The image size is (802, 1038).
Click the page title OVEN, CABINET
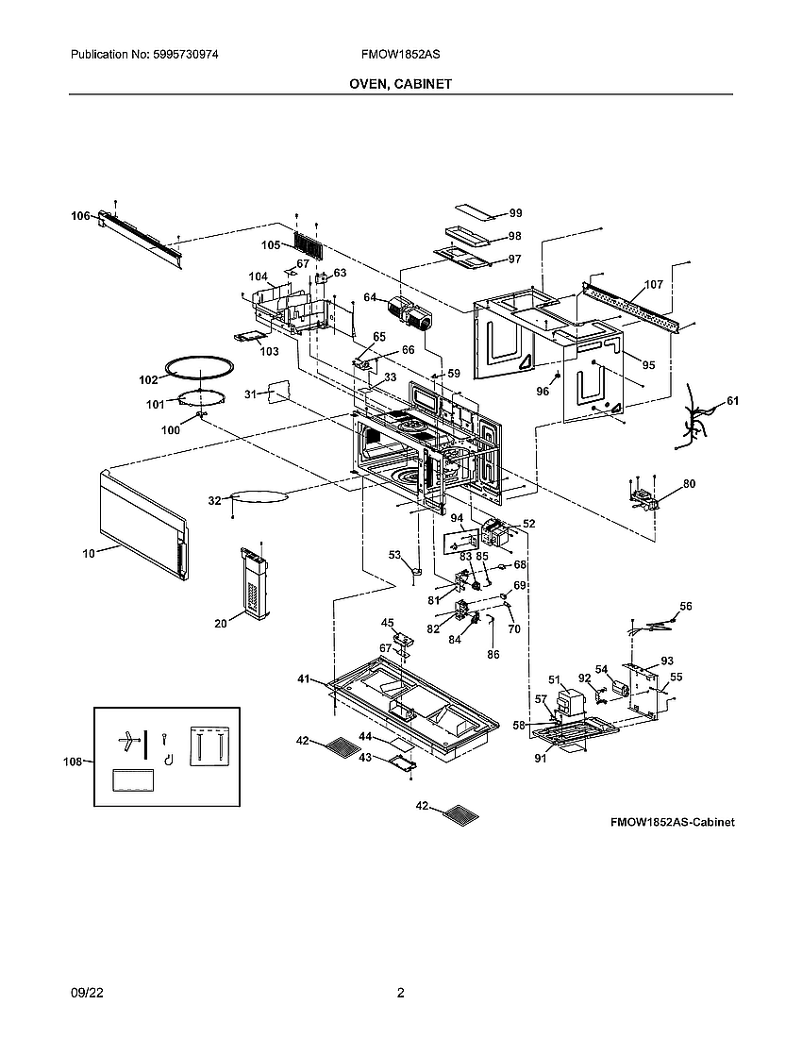400,84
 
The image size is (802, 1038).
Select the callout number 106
81,216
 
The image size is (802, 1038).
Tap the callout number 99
515,213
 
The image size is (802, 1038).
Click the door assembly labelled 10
142,521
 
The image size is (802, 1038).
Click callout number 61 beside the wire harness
732,401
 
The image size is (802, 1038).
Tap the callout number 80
689,484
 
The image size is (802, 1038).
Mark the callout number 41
304,678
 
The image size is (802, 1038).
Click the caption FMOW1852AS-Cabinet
672,822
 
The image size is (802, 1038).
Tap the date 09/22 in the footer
86,993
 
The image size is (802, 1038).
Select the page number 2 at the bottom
400,993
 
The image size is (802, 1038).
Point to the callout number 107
653,284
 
